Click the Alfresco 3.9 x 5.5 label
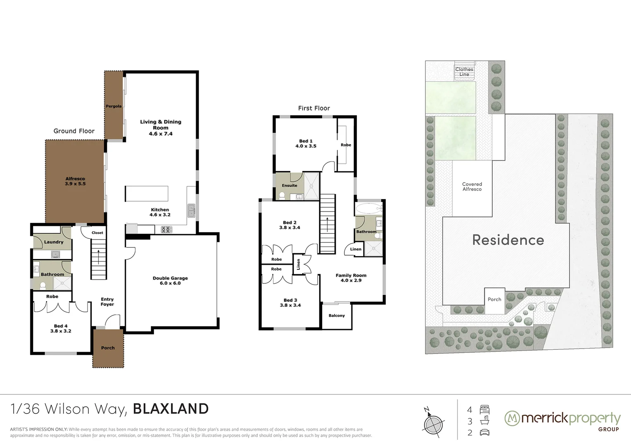[x=75, y=181]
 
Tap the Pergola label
[x=114, y=106]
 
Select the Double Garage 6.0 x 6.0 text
[x=170, y=280]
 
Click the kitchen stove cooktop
[x=166, y=229]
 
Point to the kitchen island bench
[x=147, y=193]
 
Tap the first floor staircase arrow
[x=327, y=225]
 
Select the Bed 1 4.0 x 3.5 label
[x=306, y=143]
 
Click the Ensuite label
[x=289, y=185]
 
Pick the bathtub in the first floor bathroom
[x=369, y=208]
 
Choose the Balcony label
[x=337, y=316]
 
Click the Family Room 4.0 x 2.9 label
[x=351, y=278]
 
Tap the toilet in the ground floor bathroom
[x=42, y=285]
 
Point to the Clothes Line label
[x=464, y=72]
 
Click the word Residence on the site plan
[x=508, y=240]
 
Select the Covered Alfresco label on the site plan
[x=472, y=187]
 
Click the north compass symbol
[x=432, y=422]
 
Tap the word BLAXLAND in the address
[x=171, y=409]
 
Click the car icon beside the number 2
[x=485, y=432]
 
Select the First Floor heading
[x=314, y=108]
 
